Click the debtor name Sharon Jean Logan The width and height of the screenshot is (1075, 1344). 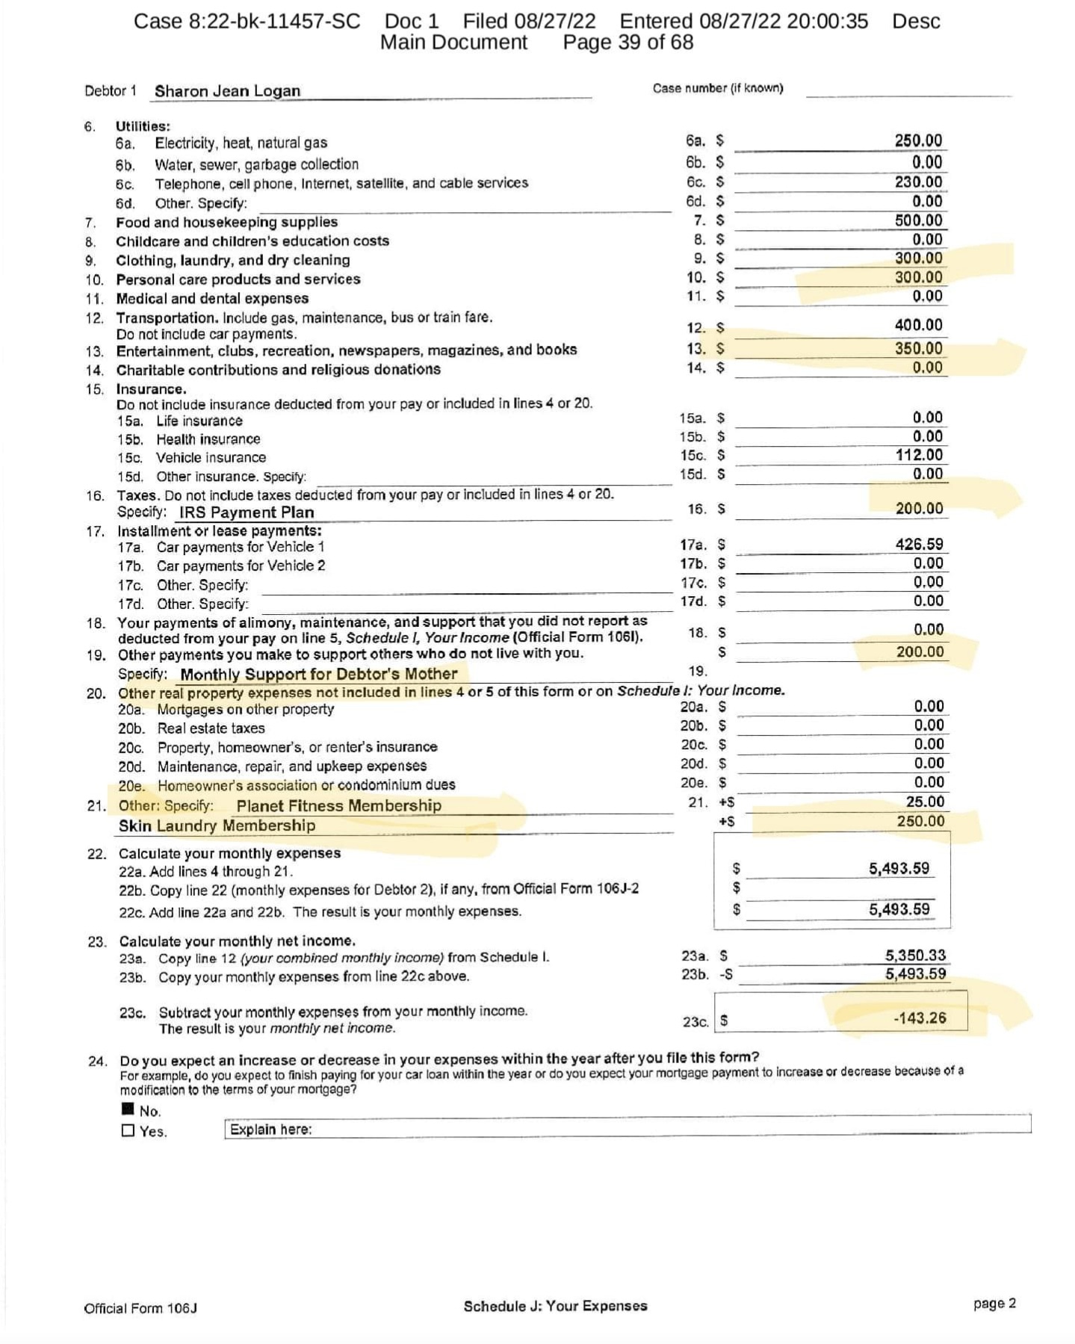point(227,91)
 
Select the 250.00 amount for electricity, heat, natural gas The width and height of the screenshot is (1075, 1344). point(918,140)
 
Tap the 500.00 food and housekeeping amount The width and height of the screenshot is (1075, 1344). point(918,220)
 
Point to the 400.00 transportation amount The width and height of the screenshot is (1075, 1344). point(918,325)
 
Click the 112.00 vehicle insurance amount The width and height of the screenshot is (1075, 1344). point(919,455)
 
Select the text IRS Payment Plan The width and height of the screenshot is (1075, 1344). point(246,512)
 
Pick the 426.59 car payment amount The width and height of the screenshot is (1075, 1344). point(919,545)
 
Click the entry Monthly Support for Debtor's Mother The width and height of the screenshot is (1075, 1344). point(318,675)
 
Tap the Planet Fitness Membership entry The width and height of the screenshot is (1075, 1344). point(338,805)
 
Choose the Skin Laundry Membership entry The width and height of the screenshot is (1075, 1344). point(217,826)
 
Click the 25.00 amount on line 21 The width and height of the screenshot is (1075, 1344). point(925,802)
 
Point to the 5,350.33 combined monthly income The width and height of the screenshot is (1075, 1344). point(915,956)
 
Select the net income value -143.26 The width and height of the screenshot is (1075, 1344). point(920,1018)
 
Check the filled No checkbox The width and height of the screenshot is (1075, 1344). point(128,1110)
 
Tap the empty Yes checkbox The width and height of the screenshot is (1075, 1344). point(128,1131)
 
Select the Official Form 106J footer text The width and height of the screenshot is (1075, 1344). point(140,1308)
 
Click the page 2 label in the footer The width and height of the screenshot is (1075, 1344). point(994,1304)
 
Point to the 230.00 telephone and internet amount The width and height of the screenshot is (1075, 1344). point(918,182)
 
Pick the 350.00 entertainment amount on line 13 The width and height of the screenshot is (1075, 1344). point(918,348)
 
